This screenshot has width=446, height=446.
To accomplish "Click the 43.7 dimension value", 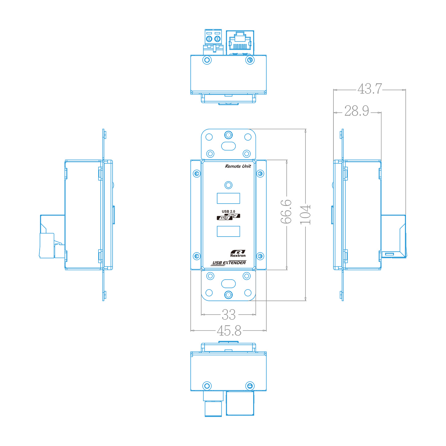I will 369,89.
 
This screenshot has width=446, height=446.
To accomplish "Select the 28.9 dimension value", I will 356,111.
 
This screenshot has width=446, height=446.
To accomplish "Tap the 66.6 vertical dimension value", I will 286,211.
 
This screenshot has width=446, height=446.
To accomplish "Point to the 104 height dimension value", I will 305,215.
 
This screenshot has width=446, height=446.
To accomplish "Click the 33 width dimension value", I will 229,315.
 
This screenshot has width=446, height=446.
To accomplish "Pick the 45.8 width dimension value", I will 229,331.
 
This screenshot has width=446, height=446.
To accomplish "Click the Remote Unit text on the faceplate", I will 238,166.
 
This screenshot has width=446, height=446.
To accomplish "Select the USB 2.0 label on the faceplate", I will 228,211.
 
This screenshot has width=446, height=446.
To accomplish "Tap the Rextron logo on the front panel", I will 238,253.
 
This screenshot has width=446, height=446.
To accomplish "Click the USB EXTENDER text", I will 229,263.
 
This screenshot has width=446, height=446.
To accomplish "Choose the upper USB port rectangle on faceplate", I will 228,198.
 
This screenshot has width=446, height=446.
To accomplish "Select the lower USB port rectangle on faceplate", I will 228,231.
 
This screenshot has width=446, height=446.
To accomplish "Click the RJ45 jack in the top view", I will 240,42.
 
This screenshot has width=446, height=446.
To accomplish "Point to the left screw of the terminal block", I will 209,39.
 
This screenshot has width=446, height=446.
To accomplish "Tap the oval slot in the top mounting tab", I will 228,146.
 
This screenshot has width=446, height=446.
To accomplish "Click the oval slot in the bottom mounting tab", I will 228,284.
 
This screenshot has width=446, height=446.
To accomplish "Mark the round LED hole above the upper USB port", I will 228,185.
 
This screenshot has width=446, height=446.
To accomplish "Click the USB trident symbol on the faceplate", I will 228,217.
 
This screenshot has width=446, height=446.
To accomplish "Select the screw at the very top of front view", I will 228,135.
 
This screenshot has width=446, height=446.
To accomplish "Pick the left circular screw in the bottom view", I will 207,386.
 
